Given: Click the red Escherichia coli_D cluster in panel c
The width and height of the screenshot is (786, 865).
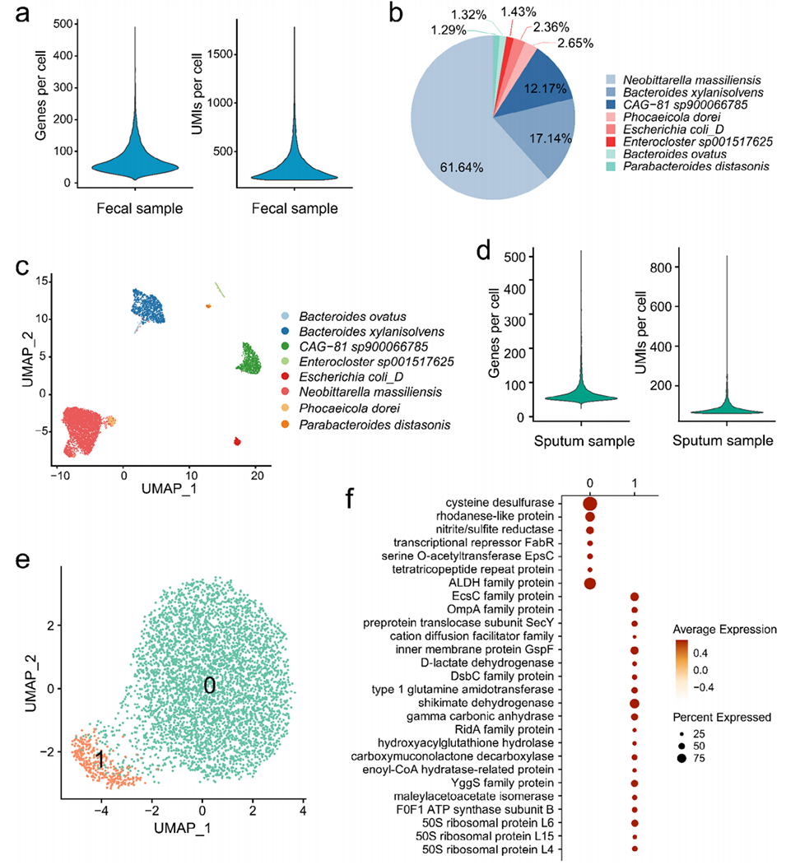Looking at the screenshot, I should [237, 442].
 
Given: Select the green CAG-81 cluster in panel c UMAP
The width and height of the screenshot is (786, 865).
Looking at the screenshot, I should [249, 359].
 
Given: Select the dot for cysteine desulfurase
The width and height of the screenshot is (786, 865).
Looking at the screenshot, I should [590, 503].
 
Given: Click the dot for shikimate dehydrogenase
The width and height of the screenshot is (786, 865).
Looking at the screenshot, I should [634, 703].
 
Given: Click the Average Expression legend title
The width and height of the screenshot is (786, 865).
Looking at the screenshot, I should [725, 629].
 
